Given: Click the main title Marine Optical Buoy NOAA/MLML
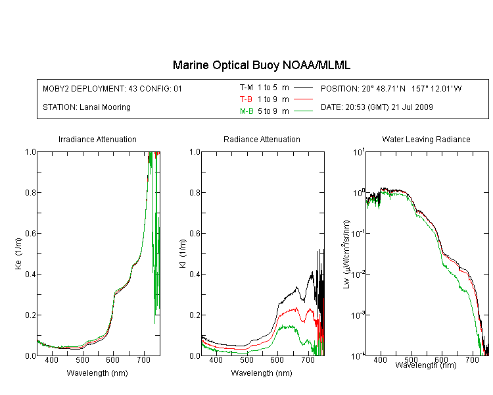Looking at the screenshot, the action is pyautogui.click(x=261, y=65).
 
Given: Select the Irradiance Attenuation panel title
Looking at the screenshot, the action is pyautogui.click(x=97, y=139).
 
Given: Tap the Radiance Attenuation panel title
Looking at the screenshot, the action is pyautogui.click(x=262, y=139).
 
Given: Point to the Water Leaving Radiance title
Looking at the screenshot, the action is pyautogui.click(x=426, y=139).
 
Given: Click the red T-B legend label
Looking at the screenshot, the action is pyautogui.click(x=246, y=99).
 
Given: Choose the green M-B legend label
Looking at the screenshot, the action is pyautogui.click(x=246, y=111).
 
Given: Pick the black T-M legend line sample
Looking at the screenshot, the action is pyautogui.click(x=303, y=88).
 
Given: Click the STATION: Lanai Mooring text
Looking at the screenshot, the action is pyautogui.click(x=87, y=107).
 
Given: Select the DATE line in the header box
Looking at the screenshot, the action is pyautogui.click(x=377, y=107).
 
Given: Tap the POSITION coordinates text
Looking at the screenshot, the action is pyautogui.click(x=391, y=88).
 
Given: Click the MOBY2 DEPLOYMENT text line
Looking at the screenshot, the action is pyautogui.click(x=112, y=88).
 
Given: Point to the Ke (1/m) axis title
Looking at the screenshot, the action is pyautogui.click(x=18, y=253).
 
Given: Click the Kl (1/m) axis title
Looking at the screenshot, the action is pyautogui.click(x=183, y=253).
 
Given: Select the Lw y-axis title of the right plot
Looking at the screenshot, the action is pyautogui.click(x=346, y=254).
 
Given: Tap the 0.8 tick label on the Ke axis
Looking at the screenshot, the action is pyautogui.click(x=30, y=192).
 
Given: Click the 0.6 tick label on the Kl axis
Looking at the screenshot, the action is pyautogui.click(x=195, y=234).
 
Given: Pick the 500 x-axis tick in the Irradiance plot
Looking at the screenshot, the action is pyautogui.click(x=82, y=360).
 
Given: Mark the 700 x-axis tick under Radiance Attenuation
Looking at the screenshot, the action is pyautogui.click(x=308, y=360).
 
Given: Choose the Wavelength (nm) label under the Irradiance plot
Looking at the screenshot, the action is pyautogui.click(x=97, y=373).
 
